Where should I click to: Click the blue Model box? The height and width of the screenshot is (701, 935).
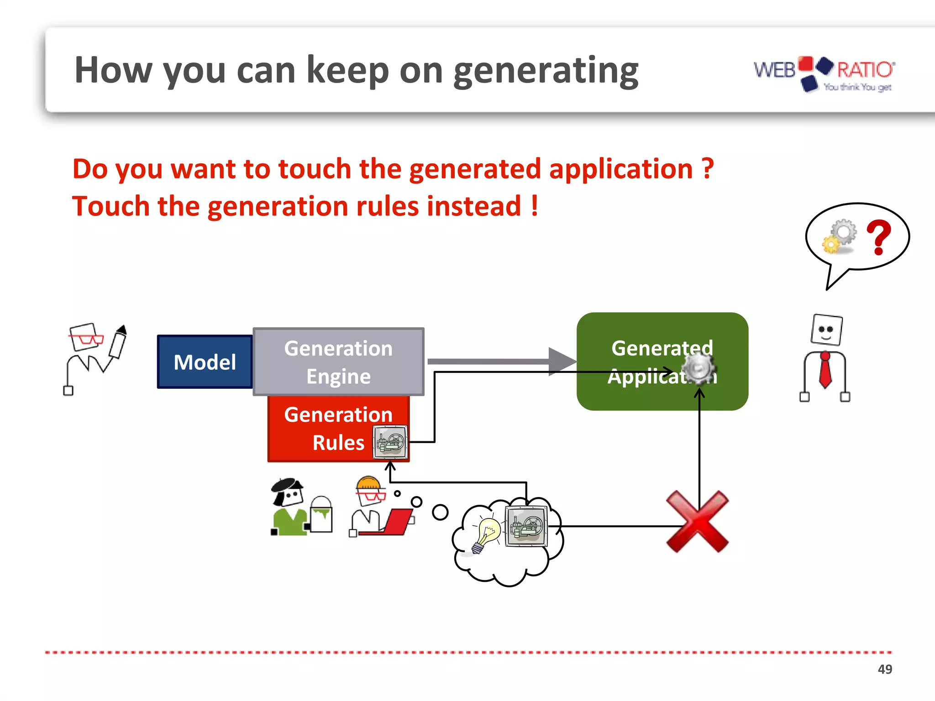(x=205, y=362)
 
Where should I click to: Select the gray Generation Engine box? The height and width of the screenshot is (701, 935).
(x=338, y=361)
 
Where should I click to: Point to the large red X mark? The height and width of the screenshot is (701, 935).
(x=697, y=522)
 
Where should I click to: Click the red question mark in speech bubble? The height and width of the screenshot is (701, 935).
(x=878, y=237)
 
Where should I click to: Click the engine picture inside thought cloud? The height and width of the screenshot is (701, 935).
(x=526, y=526)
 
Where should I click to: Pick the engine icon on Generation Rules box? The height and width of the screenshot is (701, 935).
(x=389, y=442)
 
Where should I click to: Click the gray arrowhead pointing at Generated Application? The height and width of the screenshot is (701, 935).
(x=562, y=361)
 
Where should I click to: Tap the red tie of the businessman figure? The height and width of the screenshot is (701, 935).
(x=825, y=370)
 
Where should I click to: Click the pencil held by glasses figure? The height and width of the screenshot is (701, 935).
(x=118, y=342)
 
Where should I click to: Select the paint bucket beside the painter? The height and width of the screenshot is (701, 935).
(x=321, y=516)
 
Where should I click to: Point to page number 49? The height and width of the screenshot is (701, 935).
(x=884, y=669)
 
